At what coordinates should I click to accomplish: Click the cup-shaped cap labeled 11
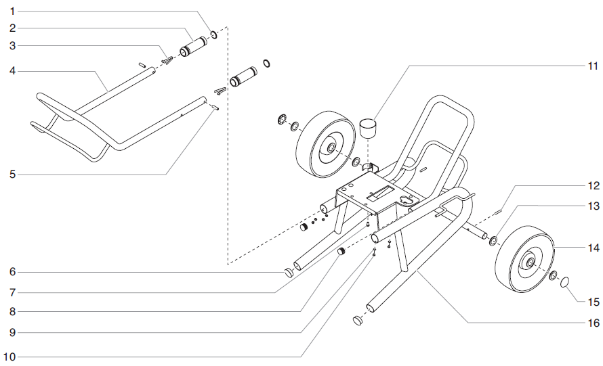(368, 127)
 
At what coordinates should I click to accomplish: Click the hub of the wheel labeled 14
(528, 262)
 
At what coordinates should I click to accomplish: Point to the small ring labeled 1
(213, 34)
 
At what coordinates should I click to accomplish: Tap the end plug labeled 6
(289, 272)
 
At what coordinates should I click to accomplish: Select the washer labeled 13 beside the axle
(493, 240)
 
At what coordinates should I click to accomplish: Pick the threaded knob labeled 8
(343, 252)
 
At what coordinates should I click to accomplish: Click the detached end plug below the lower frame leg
(358, 320)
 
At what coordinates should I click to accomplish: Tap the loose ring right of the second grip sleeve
(267, 63)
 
